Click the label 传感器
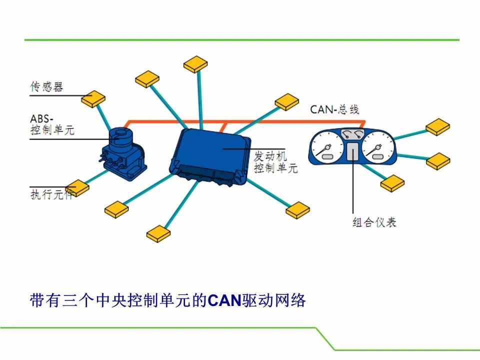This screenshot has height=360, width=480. [46, 87]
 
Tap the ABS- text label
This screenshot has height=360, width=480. [41, 119]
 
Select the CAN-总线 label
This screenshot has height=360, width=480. [334, 109]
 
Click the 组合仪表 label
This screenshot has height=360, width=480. [374, 222]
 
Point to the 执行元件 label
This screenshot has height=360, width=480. [51, 194]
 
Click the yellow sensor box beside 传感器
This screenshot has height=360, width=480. [93, 98]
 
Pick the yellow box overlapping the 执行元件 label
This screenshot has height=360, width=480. [77, 188]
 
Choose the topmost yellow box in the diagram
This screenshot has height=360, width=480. [195, 64]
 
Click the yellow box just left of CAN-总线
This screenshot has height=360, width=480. [287, 102]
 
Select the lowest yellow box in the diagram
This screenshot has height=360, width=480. [158, 234]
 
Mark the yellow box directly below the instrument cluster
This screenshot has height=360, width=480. [392, 183]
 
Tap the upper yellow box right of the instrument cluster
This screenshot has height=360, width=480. [438, 127]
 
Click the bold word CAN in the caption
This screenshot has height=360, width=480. [224, 300]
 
